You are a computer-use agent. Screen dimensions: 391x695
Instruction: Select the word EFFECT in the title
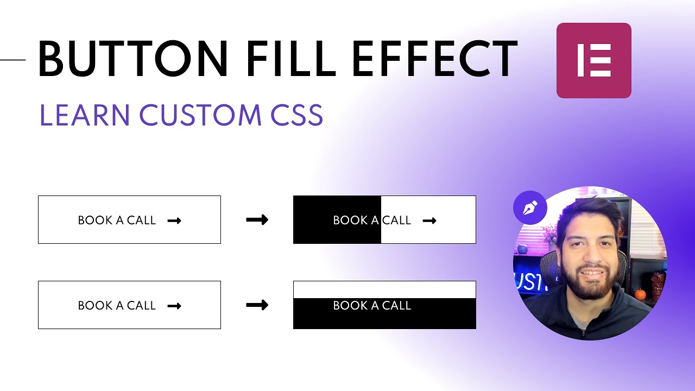pos(434,58)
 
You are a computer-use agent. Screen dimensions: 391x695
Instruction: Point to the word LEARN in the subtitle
pos(85,115)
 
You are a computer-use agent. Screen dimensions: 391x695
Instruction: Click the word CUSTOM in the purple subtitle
pos(200,115)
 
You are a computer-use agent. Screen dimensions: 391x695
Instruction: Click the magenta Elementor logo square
pos(593,60)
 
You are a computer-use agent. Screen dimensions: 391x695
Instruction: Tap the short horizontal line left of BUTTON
pos(12,59)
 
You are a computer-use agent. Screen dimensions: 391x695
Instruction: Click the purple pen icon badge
pos(530,207)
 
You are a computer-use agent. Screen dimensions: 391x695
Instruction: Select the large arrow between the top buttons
pos(257,219)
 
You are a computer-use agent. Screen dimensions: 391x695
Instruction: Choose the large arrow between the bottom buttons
pos(257,305)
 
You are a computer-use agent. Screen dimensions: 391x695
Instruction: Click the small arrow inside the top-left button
pos(174,220)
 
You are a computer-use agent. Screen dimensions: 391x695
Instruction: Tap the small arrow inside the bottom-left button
pos(174,306)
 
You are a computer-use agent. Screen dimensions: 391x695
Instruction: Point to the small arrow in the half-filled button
pos(429,220)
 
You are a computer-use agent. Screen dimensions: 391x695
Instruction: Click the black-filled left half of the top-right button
pos(312,219)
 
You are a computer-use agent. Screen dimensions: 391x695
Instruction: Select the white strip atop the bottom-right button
pos(384,289)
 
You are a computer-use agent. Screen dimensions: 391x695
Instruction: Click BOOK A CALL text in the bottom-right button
pos(372,306)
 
